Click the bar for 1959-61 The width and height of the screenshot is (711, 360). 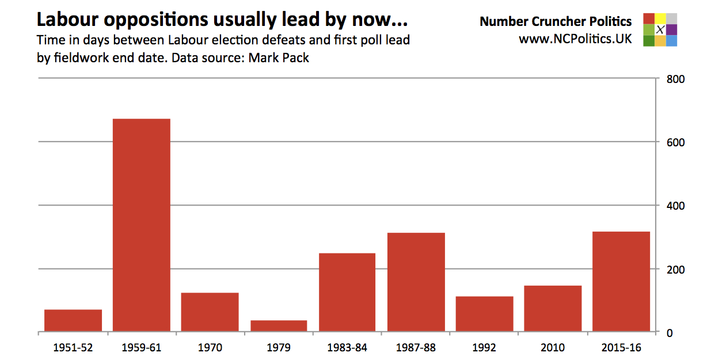click(141, 225)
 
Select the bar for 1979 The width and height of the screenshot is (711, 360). click(279, 326)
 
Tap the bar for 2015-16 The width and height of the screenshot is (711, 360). click(621, 282)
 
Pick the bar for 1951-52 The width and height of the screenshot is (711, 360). click(73, 321)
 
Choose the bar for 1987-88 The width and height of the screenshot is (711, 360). click(416, 282)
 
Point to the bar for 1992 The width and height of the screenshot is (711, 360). click(484, 314)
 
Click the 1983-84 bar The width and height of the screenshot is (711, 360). click(347, 293)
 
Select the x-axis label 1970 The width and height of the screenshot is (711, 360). click(210, 348)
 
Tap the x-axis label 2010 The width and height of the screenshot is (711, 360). click(553, 348)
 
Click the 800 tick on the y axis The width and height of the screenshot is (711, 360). click(675, 79)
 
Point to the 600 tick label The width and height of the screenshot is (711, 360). click(675, 142)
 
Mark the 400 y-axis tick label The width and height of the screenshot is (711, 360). click(675, 206)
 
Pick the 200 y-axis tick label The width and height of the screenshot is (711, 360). click(675, 270)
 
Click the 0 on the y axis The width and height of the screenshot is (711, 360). click(670, 333)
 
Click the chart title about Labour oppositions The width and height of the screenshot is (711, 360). click(222, 20)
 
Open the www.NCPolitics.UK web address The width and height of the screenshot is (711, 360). click(575, 39)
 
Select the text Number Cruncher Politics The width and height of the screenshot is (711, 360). click(556, 22)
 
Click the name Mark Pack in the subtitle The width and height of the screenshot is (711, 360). click(279, 58)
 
